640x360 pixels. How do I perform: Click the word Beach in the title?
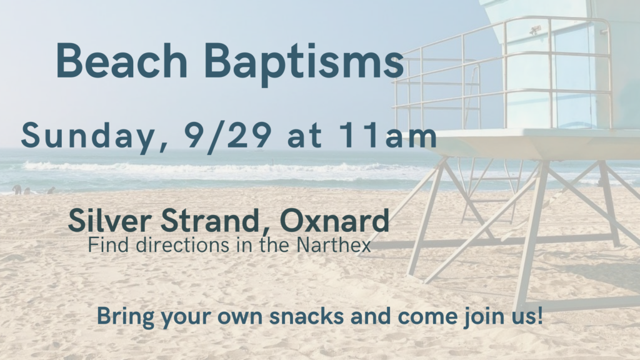(122, 61)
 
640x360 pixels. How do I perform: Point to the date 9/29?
(227, 136)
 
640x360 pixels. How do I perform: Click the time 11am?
(387, 135)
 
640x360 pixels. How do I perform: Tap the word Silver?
(110, 221)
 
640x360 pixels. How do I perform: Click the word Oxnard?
(334, 221)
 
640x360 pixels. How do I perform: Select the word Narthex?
(334, 245)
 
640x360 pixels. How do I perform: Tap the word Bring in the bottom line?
(126, 317)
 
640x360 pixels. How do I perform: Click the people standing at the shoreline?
(32, 190)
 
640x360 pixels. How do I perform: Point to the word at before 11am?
(304, 136)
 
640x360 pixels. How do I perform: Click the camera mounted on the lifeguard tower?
(535, 29)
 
